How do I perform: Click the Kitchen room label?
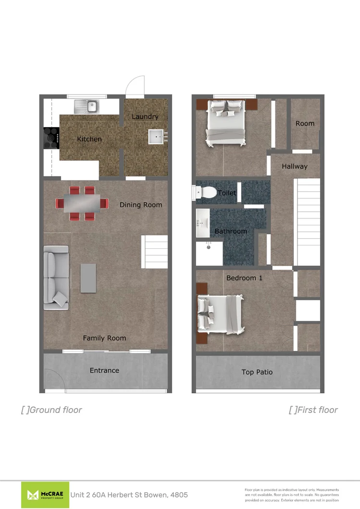tap(89, 139)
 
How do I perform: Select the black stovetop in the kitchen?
tap(51, 137)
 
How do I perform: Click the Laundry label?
tap(145, 117)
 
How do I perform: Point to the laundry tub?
tap(157, 137)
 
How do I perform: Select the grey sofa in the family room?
tap(56, 276)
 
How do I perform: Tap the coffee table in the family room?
tap(88, 278)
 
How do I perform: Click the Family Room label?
tap(104, 338)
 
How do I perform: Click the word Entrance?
tap(104, 370)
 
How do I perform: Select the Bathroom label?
tap(231, 231)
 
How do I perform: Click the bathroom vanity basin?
tap(201, 223)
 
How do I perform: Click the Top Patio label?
tap(257, 372)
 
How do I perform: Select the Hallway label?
tap(295, 167)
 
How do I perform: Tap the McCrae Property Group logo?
tap(45, 495)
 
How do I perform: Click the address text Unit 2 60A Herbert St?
tap(129, 495)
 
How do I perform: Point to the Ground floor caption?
tap(52, 410)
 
